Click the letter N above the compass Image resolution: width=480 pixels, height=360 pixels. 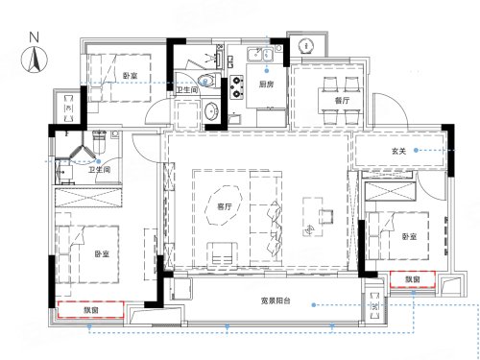pos(35,37)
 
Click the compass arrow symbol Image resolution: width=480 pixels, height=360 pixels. pos(35,60)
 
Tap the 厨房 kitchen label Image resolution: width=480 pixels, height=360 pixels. pos(266,84)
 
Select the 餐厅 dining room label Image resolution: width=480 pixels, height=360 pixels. pos(342,101)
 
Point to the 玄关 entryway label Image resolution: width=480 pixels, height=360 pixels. pos(398,151)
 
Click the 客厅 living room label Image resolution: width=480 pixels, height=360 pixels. pos(225,206)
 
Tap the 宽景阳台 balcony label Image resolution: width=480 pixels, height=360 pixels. pos(276,300)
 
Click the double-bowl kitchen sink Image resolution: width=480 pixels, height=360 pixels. pos(259,54)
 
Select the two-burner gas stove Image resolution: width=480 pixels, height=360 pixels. pos(237,86)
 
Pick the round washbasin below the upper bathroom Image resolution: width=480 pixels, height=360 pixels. pos(211,110)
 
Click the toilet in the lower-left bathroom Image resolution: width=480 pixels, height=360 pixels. pos(100,142)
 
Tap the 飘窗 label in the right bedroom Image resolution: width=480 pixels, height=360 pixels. pos(413,279)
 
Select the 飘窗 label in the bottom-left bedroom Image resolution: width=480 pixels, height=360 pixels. pos(91,310)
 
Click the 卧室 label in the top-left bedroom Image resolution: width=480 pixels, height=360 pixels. pos(131,76)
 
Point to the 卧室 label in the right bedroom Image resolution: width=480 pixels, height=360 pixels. pos(409,237)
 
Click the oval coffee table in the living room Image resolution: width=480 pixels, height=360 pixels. pos(225,206)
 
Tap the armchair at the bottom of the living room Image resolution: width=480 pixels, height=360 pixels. pos(223,253)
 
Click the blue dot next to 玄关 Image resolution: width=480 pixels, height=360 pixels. pos(416,150)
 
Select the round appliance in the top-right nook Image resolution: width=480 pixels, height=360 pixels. pos(306,45)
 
